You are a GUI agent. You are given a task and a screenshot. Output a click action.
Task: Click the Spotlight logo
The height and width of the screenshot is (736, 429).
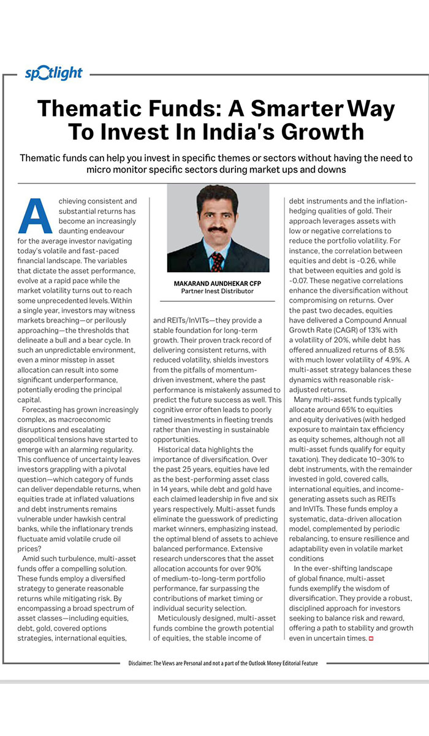coord(53,73)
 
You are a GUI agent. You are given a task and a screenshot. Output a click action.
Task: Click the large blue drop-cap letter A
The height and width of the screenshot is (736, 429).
coord(34,215)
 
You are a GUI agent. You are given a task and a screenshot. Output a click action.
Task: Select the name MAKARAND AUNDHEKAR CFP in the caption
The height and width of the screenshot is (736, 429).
coord(218,283)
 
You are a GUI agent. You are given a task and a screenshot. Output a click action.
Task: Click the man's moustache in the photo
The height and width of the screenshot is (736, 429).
coord(217,228)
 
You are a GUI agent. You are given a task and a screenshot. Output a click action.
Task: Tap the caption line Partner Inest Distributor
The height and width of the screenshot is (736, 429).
coord(218,291)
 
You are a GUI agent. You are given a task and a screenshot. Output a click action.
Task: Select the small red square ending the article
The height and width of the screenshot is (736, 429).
coord(371,639)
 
